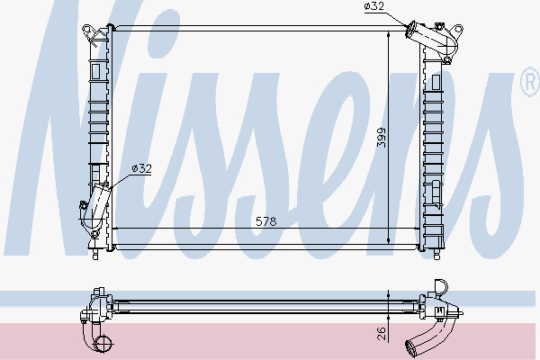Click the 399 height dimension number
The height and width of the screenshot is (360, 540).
click(382, 137)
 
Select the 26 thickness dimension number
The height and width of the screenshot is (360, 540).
click(382, 333)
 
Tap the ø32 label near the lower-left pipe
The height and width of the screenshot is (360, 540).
click(141, 167)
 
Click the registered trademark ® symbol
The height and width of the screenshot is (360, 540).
click(528, 85)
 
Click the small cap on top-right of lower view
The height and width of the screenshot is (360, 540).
click(440, 288)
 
